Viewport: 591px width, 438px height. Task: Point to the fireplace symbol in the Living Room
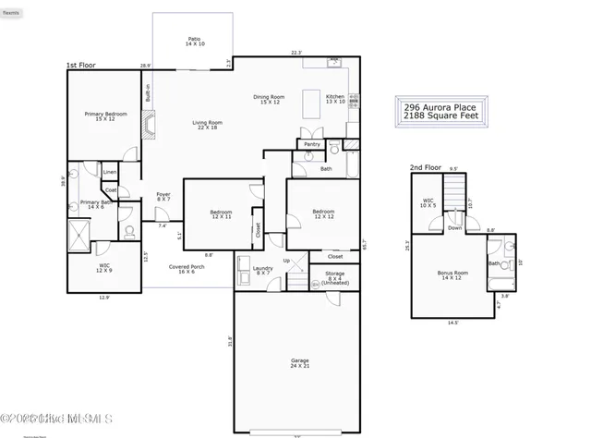click(x=147, y=125)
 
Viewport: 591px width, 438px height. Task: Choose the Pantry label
click(x=310, y=144)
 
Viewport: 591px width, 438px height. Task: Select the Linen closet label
click(x=110, y=173)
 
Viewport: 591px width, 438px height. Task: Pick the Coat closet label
click(x=110, y=190)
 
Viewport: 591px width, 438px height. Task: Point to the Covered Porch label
click(x=187, y=269)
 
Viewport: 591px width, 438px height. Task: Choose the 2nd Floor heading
click(x=426, y=168)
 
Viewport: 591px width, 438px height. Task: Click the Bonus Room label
click(x=450, y=275)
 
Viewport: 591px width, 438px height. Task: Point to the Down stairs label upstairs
click(x=454, y=228)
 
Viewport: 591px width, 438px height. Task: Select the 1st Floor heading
click(x=80, y=66)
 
